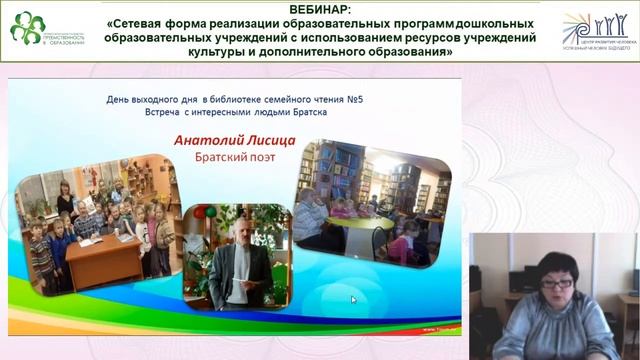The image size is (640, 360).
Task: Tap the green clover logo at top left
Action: click(27, 27)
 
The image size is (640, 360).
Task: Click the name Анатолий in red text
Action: click(210, 141)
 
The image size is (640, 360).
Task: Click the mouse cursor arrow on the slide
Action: click(353, 299)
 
